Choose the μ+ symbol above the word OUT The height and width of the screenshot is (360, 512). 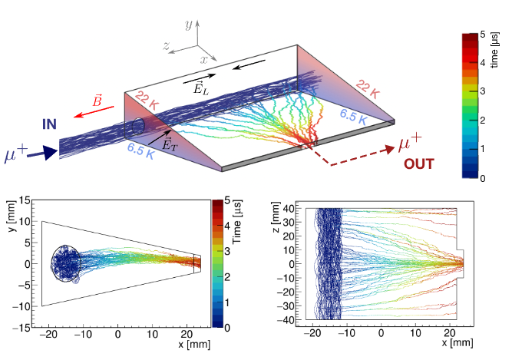(x=411, y=144)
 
